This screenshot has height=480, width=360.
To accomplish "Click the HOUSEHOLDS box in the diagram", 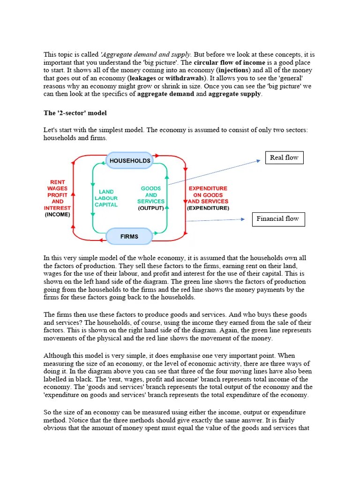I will click(130, 161).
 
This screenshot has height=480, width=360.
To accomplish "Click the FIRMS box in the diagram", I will click(129, 236).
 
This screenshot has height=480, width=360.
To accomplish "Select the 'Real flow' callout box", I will click(284, 157).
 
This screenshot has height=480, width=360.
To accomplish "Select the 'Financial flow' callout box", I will click(278, 219).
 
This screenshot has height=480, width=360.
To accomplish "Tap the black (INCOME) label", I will click(57, 215).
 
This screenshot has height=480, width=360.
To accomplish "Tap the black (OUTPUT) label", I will click(151, 208).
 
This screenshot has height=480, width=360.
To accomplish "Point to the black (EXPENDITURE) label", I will click(208, 208).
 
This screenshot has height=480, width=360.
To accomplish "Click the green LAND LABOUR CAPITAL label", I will click(106, 198).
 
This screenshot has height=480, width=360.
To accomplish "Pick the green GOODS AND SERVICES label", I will click(151, 195).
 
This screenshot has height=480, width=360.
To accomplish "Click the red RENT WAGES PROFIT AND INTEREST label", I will click(58, 195).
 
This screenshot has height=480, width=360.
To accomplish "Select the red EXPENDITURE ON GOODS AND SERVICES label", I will click(208, 195).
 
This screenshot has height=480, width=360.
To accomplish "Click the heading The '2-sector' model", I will click(75, 113).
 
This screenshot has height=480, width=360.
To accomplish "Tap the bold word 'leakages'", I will click(143, 78).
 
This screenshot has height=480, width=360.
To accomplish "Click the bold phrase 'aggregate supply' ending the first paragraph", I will click(235, 94).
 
